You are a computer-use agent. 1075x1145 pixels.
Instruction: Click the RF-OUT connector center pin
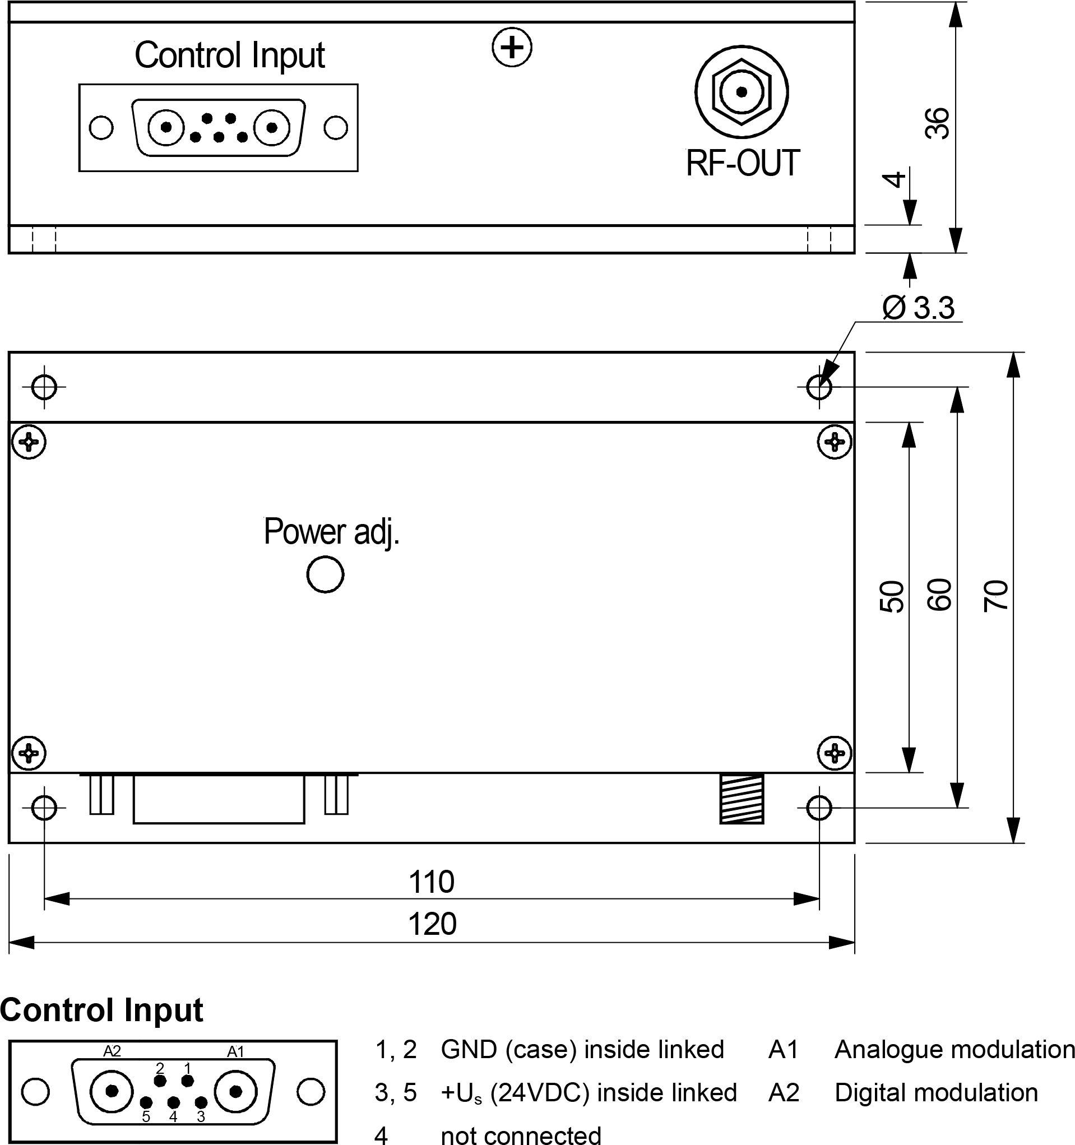[742, 92]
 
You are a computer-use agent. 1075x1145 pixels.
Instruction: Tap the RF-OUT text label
[743, 163]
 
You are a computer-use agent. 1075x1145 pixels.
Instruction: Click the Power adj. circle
[326, 574]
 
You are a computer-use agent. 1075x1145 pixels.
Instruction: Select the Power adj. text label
[331, 532]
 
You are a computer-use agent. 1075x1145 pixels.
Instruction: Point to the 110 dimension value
[432, 882]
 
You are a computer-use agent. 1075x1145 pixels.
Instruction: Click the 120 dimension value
[432, 924]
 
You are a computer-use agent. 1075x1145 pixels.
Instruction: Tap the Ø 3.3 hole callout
[918, 308]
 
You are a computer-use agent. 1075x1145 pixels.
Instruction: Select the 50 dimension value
[892, 597]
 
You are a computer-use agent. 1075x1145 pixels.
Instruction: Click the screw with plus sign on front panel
[512, 47]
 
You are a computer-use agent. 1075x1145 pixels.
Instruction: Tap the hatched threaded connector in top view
[742, 798]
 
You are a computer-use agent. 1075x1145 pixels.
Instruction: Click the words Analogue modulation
[954, 1050]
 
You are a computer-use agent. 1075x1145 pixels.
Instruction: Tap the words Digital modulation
[935, 1092]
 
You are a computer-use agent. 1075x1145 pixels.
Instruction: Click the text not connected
[521, 1135]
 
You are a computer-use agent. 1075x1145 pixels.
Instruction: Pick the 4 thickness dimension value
[893, 179]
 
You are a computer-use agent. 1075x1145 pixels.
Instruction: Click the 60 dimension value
[939, 595]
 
